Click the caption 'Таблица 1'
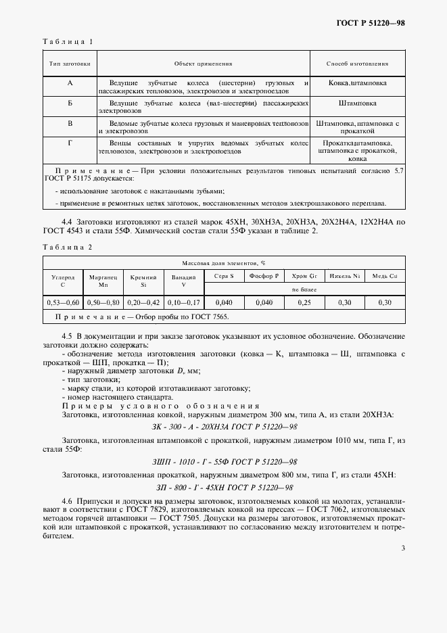[x=67, y=41]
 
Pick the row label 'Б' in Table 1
[x=70, y=103]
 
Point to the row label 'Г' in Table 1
[x=70, y=143]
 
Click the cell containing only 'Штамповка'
[x=357, y=103]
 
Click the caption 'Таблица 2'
[x=67, y=247]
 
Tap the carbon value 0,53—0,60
[x=66, y=302]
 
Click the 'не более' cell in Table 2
[x=304, y=289]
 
